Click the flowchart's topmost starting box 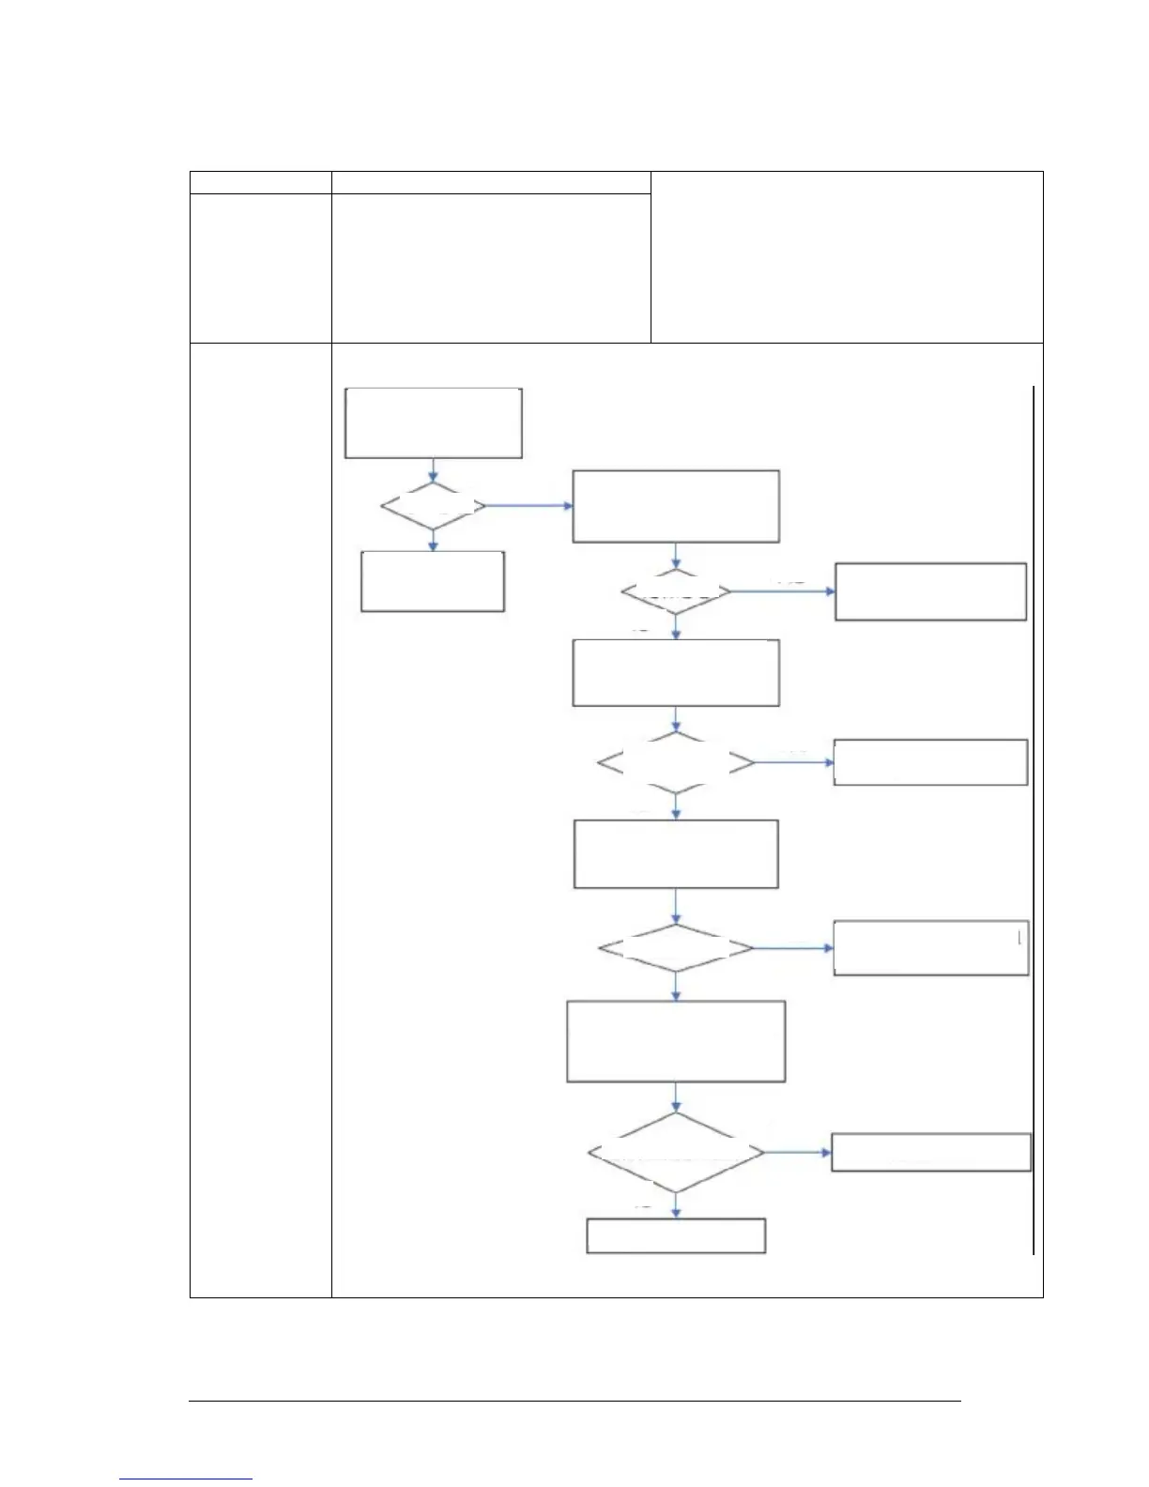click(433, 422)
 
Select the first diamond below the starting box click(433, 507)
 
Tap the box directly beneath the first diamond click(433, 582)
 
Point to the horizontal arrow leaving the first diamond click(528, 506)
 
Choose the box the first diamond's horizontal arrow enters click(676, 506)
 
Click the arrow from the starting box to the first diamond click(433, 470)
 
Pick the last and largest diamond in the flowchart click(676, 1153)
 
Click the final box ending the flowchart click(676, 1235)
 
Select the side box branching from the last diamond click(931, 1152)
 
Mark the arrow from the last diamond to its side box click(798, 1152)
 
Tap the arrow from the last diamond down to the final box click(676, 1206)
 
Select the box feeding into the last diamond click(676, 1042)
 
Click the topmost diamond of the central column click(676, 592)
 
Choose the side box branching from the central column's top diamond click(930, 591)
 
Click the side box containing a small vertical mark click(930, 949)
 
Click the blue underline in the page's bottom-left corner click(186, 1479)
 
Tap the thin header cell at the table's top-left click(260, 183)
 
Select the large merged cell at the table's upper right click(847, 256)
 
